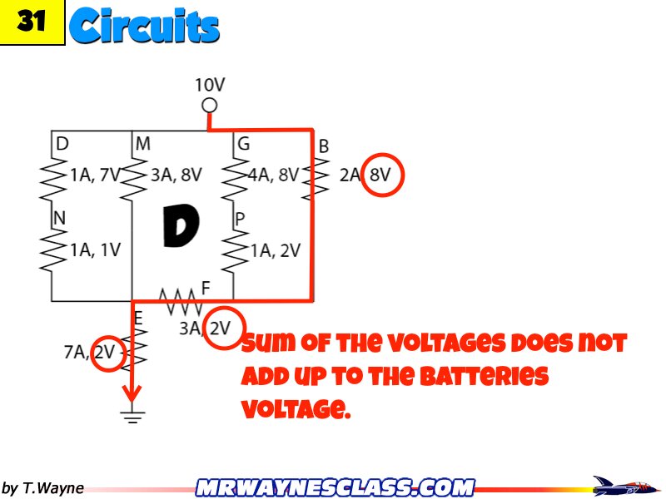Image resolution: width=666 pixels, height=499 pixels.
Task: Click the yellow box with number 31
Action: pos(32,22)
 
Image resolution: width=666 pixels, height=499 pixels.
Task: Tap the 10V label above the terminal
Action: pos(210,85)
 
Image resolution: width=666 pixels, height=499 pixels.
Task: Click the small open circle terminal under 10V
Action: pos(210,106)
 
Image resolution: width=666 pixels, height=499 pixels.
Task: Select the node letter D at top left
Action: pos(62,144)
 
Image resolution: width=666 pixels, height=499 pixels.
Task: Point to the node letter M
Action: pos(143,144)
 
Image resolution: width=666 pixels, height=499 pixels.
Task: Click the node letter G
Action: pos(243,144)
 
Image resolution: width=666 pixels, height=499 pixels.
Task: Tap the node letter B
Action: pos(324,146)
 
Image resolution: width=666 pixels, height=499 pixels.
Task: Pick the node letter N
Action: pos(59,217)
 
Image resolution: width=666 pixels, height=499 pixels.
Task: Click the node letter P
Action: pos(240,219)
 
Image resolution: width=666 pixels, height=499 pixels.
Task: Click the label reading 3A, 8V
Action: pos(176,175)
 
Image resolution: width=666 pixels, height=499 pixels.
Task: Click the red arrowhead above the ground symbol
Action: pos(132,391)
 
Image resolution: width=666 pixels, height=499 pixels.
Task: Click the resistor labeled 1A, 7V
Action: pos(52,175)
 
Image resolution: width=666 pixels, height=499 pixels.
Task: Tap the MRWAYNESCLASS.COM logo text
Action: pos(335,487)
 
